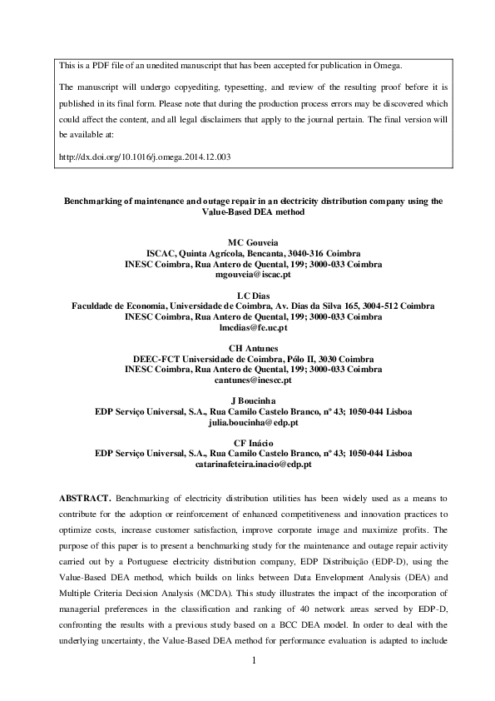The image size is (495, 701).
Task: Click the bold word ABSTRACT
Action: pyautogui.click(x=85, y=497)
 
